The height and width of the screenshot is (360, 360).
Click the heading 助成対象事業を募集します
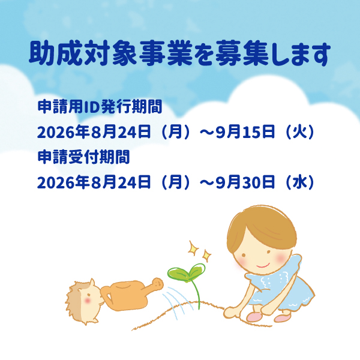tap(179, 53)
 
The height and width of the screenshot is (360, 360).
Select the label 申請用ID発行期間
tap(100, 107)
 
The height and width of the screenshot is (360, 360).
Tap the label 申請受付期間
tap(83, 157)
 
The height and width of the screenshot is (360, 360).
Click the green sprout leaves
tap(187, 272)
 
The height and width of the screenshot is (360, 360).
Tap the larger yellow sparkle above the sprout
tap(193, 248)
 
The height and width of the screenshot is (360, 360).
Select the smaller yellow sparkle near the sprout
tap(206, 256)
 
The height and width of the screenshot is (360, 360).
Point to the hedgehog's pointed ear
tap(92, 283)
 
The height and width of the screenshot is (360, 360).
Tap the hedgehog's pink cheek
tap(88, 301)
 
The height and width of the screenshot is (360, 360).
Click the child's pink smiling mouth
tap(263, 266)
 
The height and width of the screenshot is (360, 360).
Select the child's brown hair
tap(262, 229)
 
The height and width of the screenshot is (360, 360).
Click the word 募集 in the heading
tap(242, 53)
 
